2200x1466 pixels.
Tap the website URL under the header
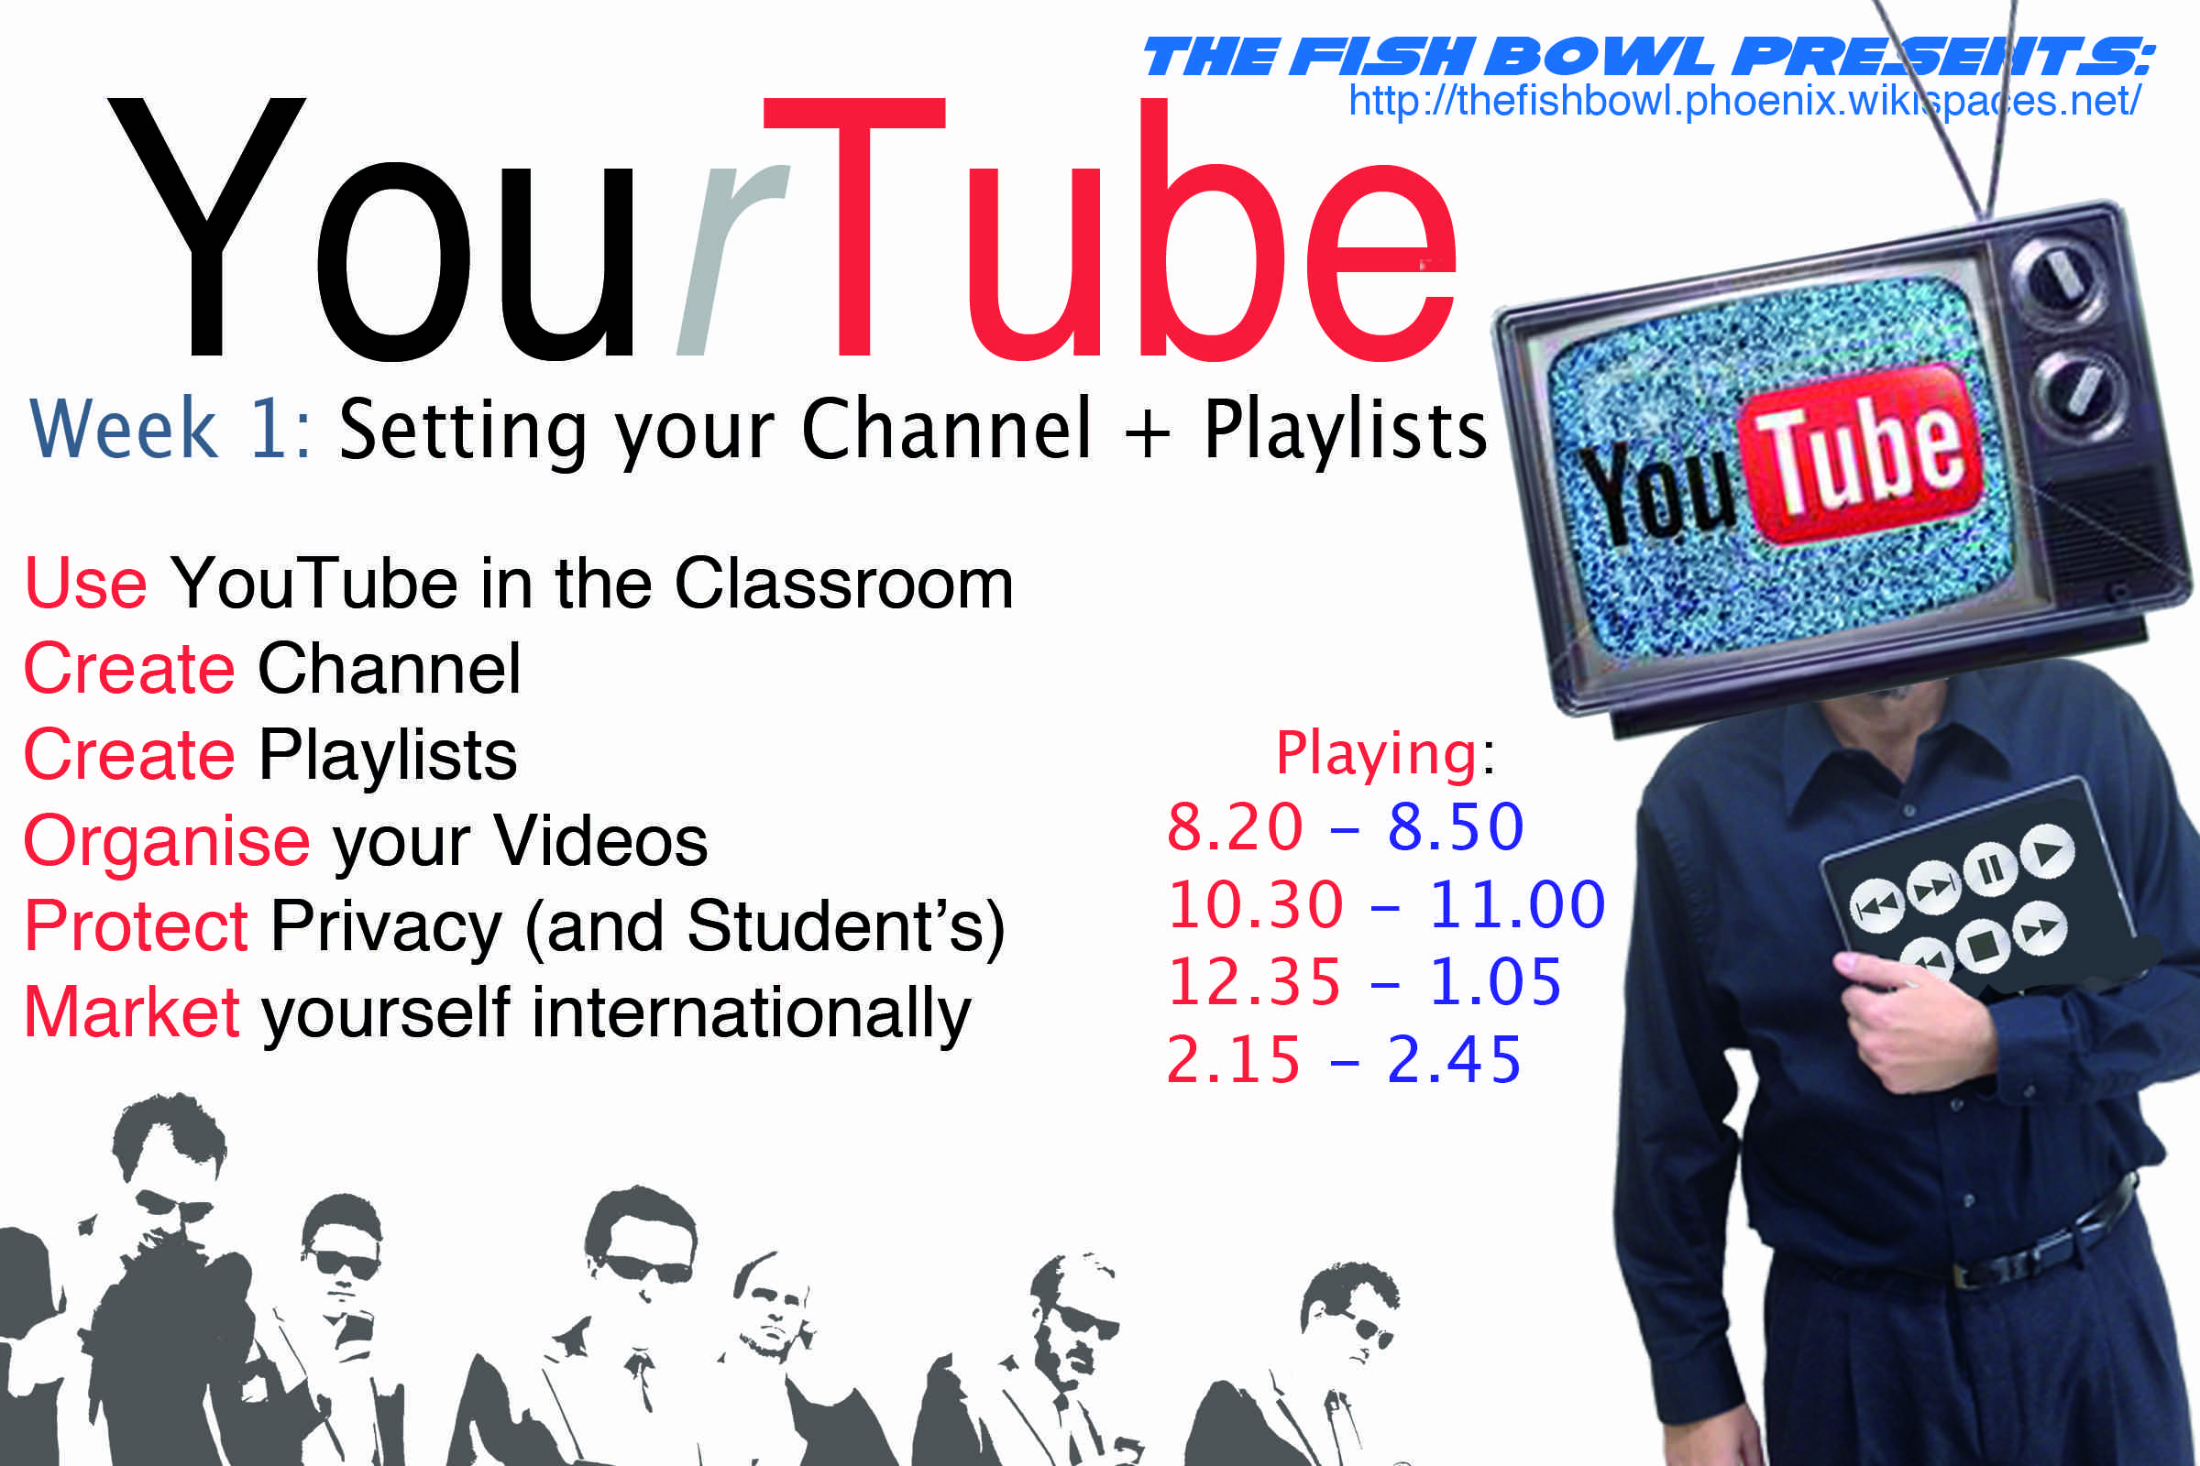(1744, 101)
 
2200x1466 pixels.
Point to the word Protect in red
(137, 925)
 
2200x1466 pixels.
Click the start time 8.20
(1235, 826)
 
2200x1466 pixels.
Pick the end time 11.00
(1517, 905)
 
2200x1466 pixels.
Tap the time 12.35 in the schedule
(1254, 982)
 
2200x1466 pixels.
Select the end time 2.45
(1455, 1060)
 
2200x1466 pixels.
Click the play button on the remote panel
(2048, 852)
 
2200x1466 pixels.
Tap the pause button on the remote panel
(1989, 870)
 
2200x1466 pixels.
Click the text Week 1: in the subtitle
(171, 428)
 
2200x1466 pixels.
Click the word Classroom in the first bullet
(844, 584)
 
